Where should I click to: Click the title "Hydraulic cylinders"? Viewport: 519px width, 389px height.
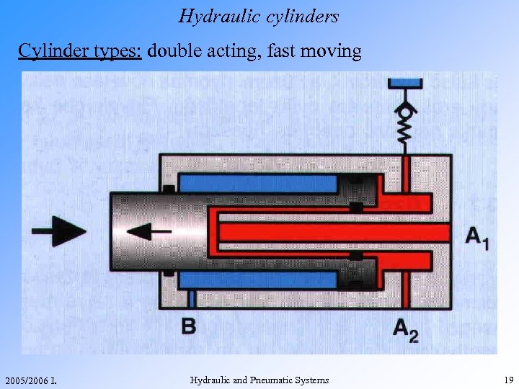pos(259,16)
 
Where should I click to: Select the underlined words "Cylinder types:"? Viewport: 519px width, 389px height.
pos(81,52)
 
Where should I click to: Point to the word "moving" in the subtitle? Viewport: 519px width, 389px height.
pos(333,52)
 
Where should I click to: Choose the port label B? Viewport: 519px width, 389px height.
pos(188,326)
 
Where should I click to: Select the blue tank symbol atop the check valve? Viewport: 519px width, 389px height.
pos(407,84)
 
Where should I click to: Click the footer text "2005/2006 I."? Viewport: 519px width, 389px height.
pos(30,380)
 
